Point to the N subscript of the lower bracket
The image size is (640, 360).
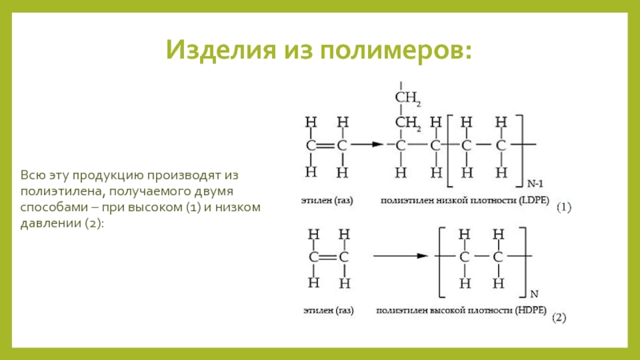(x=534, y=293)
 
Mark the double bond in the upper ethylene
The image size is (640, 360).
(x=326, y=146)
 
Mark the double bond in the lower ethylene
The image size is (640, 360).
(x=326, y=256)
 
